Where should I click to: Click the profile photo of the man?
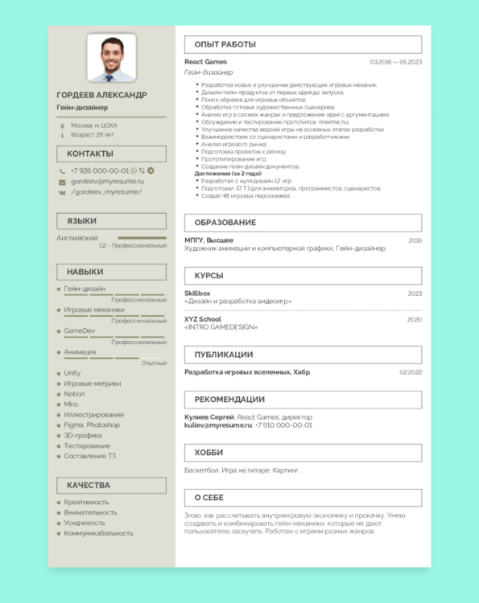111,57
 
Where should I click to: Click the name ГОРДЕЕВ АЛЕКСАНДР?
102,95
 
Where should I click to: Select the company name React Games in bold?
205,62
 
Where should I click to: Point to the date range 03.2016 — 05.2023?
395,62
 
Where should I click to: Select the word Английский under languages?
77,238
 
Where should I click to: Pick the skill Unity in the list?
72,373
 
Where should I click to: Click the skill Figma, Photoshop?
92,425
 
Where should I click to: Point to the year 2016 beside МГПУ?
415,240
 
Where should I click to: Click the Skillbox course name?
197,293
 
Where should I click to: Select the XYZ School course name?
203,319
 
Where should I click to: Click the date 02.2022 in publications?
411,372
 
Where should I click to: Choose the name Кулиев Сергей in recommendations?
209,417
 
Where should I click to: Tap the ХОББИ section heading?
209,453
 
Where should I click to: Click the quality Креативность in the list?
86,502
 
